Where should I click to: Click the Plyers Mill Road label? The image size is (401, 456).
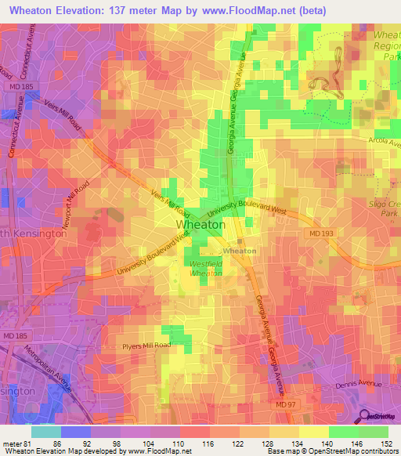coord(146,345)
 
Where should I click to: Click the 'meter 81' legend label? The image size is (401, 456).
coord(16,443)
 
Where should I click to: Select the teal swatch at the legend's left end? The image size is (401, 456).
coord(45,432)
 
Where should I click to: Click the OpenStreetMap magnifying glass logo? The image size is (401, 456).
coord(365,416)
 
